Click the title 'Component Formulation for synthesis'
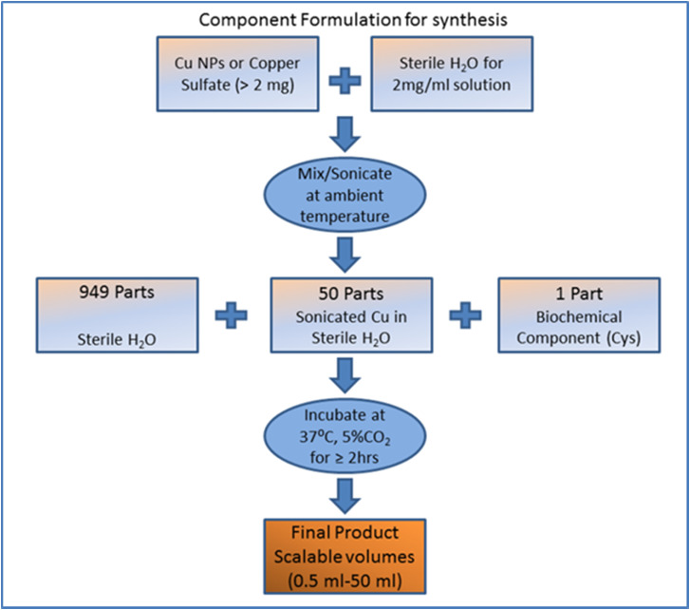(345, 18)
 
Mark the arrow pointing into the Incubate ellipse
(344, 379)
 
